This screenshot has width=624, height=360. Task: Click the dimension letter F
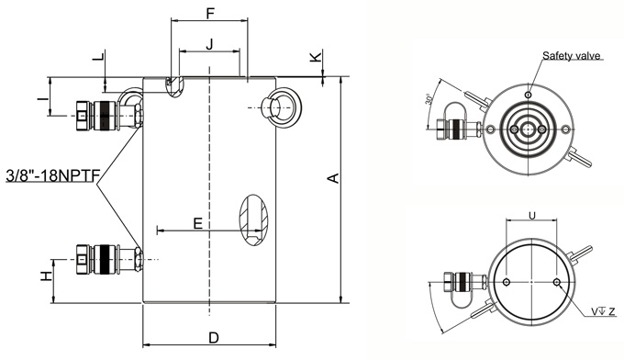[210, 13]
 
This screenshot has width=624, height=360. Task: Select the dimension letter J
[209, 44]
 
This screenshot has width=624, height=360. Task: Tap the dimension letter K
[316, 57]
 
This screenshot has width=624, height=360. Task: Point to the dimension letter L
[98, 56]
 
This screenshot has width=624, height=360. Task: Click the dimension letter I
[43, 96]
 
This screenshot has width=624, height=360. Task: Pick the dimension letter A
[333, 178]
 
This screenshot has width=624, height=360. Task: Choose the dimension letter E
[198, 224]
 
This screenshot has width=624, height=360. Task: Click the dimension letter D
[214, 338]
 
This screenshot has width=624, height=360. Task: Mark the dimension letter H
[47, 276]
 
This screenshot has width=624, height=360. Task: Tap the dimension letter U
[531, 216]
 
